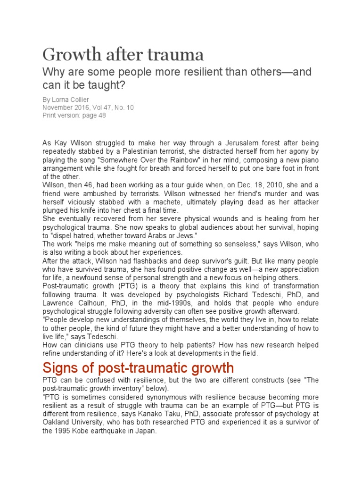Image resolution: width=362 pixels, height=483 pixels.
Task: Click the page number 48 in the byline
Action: click(102, 115)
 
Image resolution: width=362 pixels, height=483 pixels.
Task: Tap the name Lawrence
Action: click(58, 303)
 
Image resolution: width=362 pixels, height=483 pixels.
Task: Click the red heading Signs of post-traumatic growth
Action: click(138, 367)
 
